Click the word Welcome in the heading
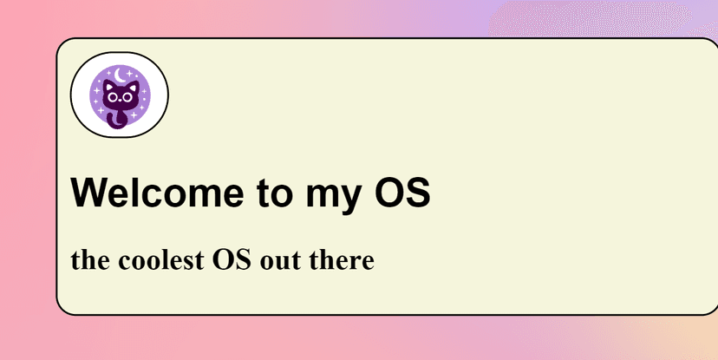pos(157,192)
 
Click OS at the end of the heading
pos(402,192)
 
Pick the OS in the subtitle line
pos(232,260)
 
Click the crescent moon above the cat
pos(120,75)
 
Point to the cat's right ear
pos(134,87)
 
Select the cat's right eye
pos(127,97)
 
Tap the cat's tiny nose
pos(121,100)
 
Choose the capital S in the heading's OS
pos(418,192)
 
